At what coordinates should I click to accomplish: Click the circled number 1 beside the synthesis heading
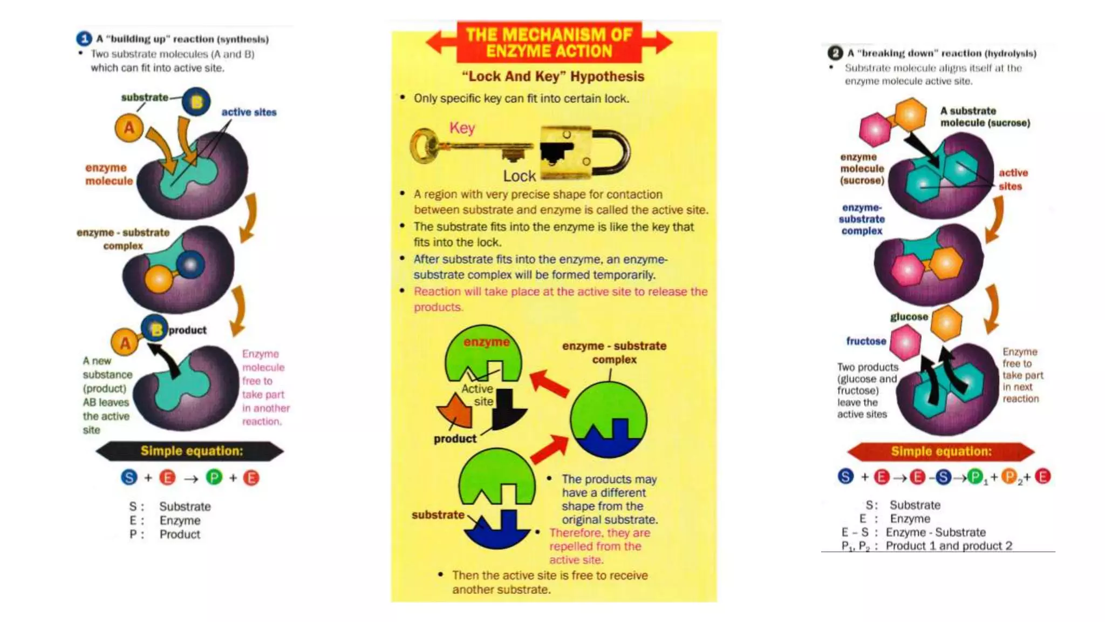point(84,39)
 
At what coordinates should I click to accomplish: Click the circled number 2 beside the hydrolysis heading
point(835,53)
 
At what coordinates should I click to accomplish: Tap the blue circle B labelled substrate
point(196,102)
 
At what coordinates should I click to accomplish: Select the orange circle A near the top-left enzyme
point(129,128)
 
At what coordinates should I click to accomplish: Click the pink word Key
point(462,128)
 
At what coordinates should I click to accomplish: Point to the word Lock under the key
point(519,176)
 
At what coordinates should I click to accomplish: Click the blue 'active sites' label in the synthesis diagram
point(249,112)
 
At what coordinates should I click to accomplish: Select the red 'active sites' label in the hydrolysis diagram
point(1012,179)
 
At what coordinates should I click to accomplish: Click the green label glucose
point(909,317)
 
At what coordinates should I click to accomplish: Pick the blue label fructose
point(866,341)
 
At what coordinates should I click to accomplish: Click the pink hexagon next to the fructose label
point(905,342)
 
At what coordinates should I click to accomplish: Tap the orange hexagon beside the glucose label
point(946,323)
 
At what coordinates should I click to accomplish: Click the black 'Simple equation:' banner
point(191,451)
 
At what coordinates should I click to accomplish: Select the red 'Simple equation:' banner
point(941,451)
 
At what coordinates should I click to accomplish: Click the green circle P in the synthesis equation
point(214,477)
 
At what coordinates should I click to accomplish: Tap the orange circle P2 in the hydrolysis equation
point(1008,477)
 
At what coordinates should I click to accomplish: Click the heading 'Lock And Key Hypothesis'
point(553,76)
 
